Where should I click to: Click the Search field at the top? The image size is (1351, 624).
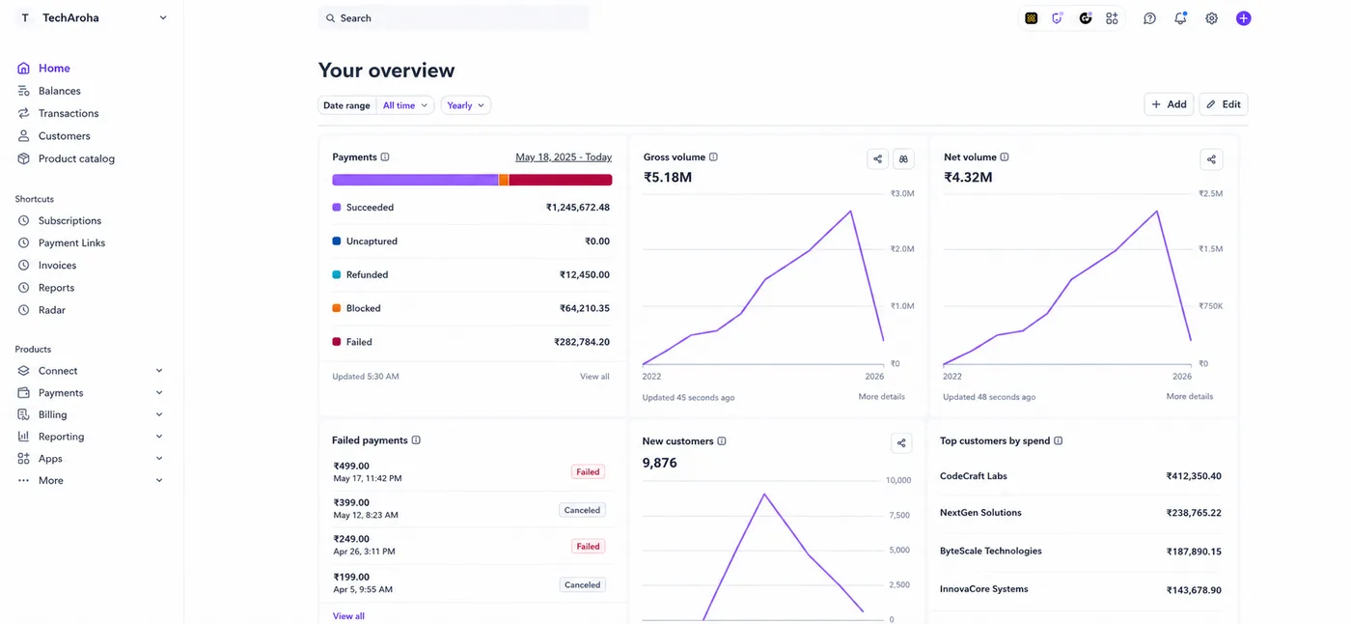click(x=453, y=18)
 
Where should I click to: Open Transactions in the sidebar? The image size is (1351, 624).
click(x=69, y=113)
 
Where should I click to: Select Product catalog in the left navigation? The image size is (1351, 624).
click(x=76, y=158)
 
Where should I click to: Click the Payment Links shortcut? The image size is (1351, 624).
click(x=71, y=242)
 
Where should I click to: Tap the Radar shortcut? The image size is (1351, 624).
click(x=51, y=310)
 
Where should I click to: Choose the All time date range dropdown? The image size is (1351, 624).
click(x=404, y=105)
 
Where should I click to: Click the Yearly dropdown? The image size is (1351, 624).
click(x=465, y=105)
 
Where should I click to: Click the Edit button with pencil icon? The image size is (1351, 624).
click(x=1224, y=104)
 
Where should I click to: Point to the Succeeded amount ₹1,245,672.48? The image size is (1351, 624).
click(x=578, y=207)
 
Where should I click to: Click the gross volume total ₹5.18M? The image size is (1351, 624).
click(x=668, y=177)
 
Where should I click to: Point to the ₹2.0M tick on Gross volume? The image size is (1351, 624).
click(x=902, y=248)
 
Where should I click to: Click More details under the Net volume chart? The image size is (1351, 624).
click(x=1189, y=396)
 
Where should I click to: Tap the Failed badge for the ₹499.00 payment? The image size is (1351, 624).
click(x=588, y=471)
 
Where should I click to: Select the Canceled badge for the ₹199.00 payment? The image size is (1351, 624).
click(x=582, y=584)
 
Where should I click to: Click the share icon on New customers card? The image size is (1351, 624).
click(x=901, y=443)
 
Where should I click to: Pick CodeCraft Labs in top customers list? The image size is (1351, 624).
click(x=974, y=475)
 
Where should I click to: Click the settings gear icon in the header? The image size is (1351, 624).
click(x=1211, y=18)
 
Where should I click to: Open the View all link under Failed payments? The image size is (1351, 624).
click(x=348, y=615)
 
